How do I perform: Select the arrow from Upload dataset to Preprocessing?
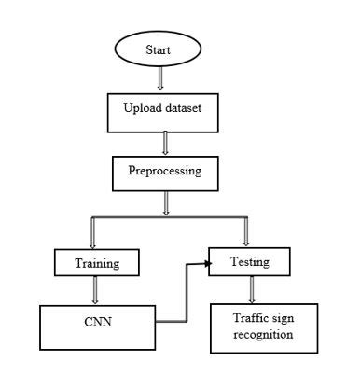(x=166, y=142)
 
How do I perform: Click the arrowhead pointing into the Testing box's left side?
(x=203, y=265)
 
